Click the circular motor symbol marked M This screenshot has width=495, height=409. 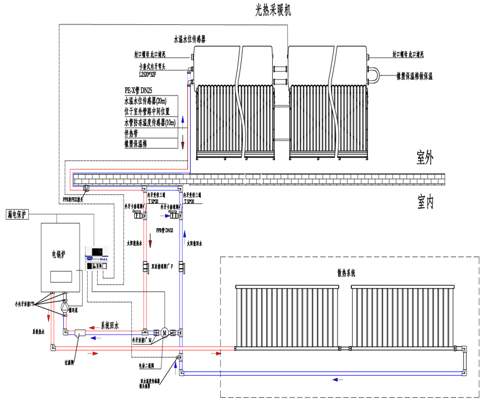pyautogui.click(x=164, y=332)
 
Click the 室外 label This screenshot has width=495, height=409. pyautogui.click(x=425, y=158)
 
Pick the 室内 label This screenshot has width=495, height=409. pyautogui.click(x=425, y=203)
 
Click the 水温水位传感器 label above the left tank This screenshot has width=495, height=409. pyautogui.click(x=195, y=40)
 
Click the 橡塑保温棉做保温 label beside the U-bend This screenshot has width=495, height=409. pyautogui.click(x=414, y=75)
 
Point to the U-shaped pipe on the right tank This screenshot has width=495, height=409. pyautogui.click(x=376, y=74)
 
